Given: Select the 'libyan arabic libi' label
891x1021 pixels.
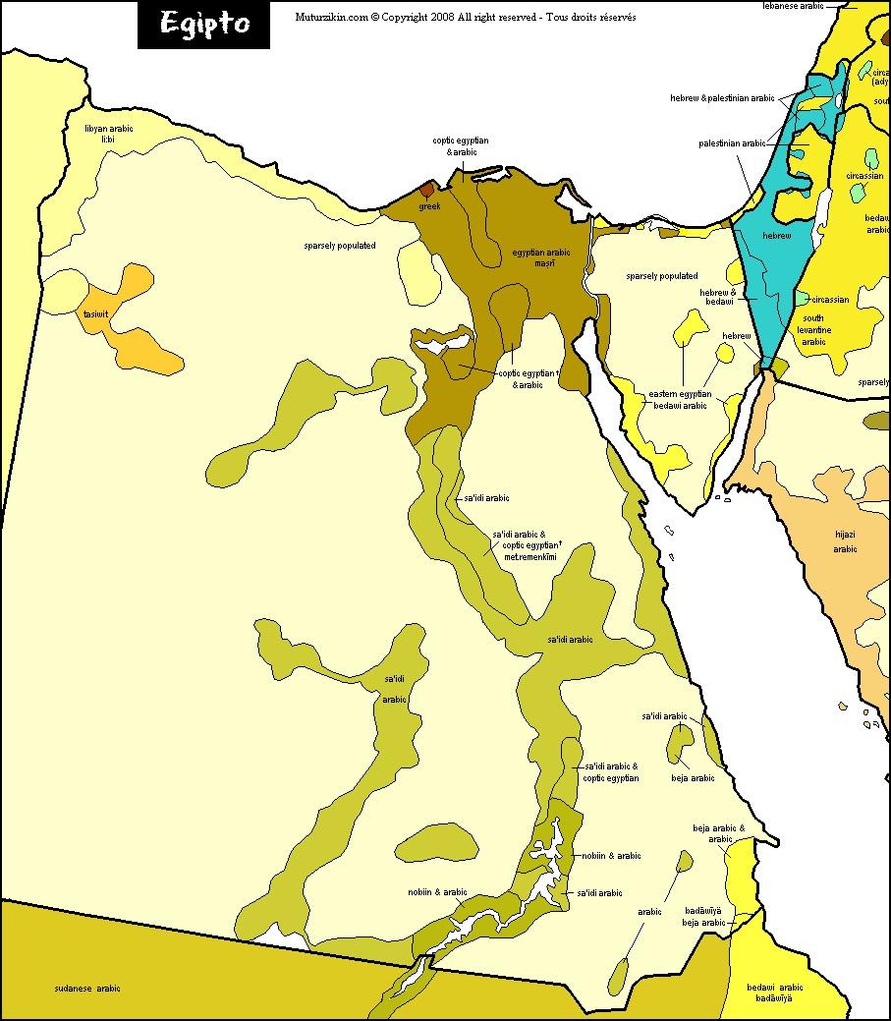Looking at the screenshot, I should click(x=108, y=134).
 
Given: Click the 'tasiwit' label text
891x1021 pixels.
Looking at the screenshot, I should click(x=95, y=313).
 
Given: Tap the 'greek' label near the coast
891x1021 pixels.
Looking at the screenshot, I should click(x=429, y=206).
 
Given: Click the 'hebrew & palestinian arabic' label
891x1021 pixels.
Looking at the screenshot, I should click(x=722, y=98).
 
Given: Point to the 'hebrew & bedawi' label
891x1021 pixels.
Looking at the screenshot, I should click(x=717, y=297).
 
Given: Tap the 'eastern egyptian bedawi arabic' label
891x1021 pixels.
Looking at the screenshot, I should click(x=677, y=399).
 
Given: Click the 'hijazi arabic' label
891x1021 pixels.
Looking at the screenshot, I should click(x=845, y=541).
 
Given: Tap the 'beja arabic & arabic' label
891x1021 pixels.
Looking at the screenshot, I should click(x=719, y=833).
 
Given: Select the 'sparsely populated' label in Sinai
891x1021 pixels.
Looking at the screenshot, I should click(x=661, y=276).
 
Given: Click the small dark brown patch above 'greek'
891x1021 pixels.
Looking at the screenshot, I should click(x=427, y=189).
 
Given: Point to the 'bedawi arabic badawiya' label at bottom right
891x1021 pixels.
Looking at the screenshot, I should click(x=774, y=993).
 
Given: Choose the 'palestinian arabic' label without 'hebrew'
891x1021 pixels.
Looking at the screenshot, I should click(x=732, y=142).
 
